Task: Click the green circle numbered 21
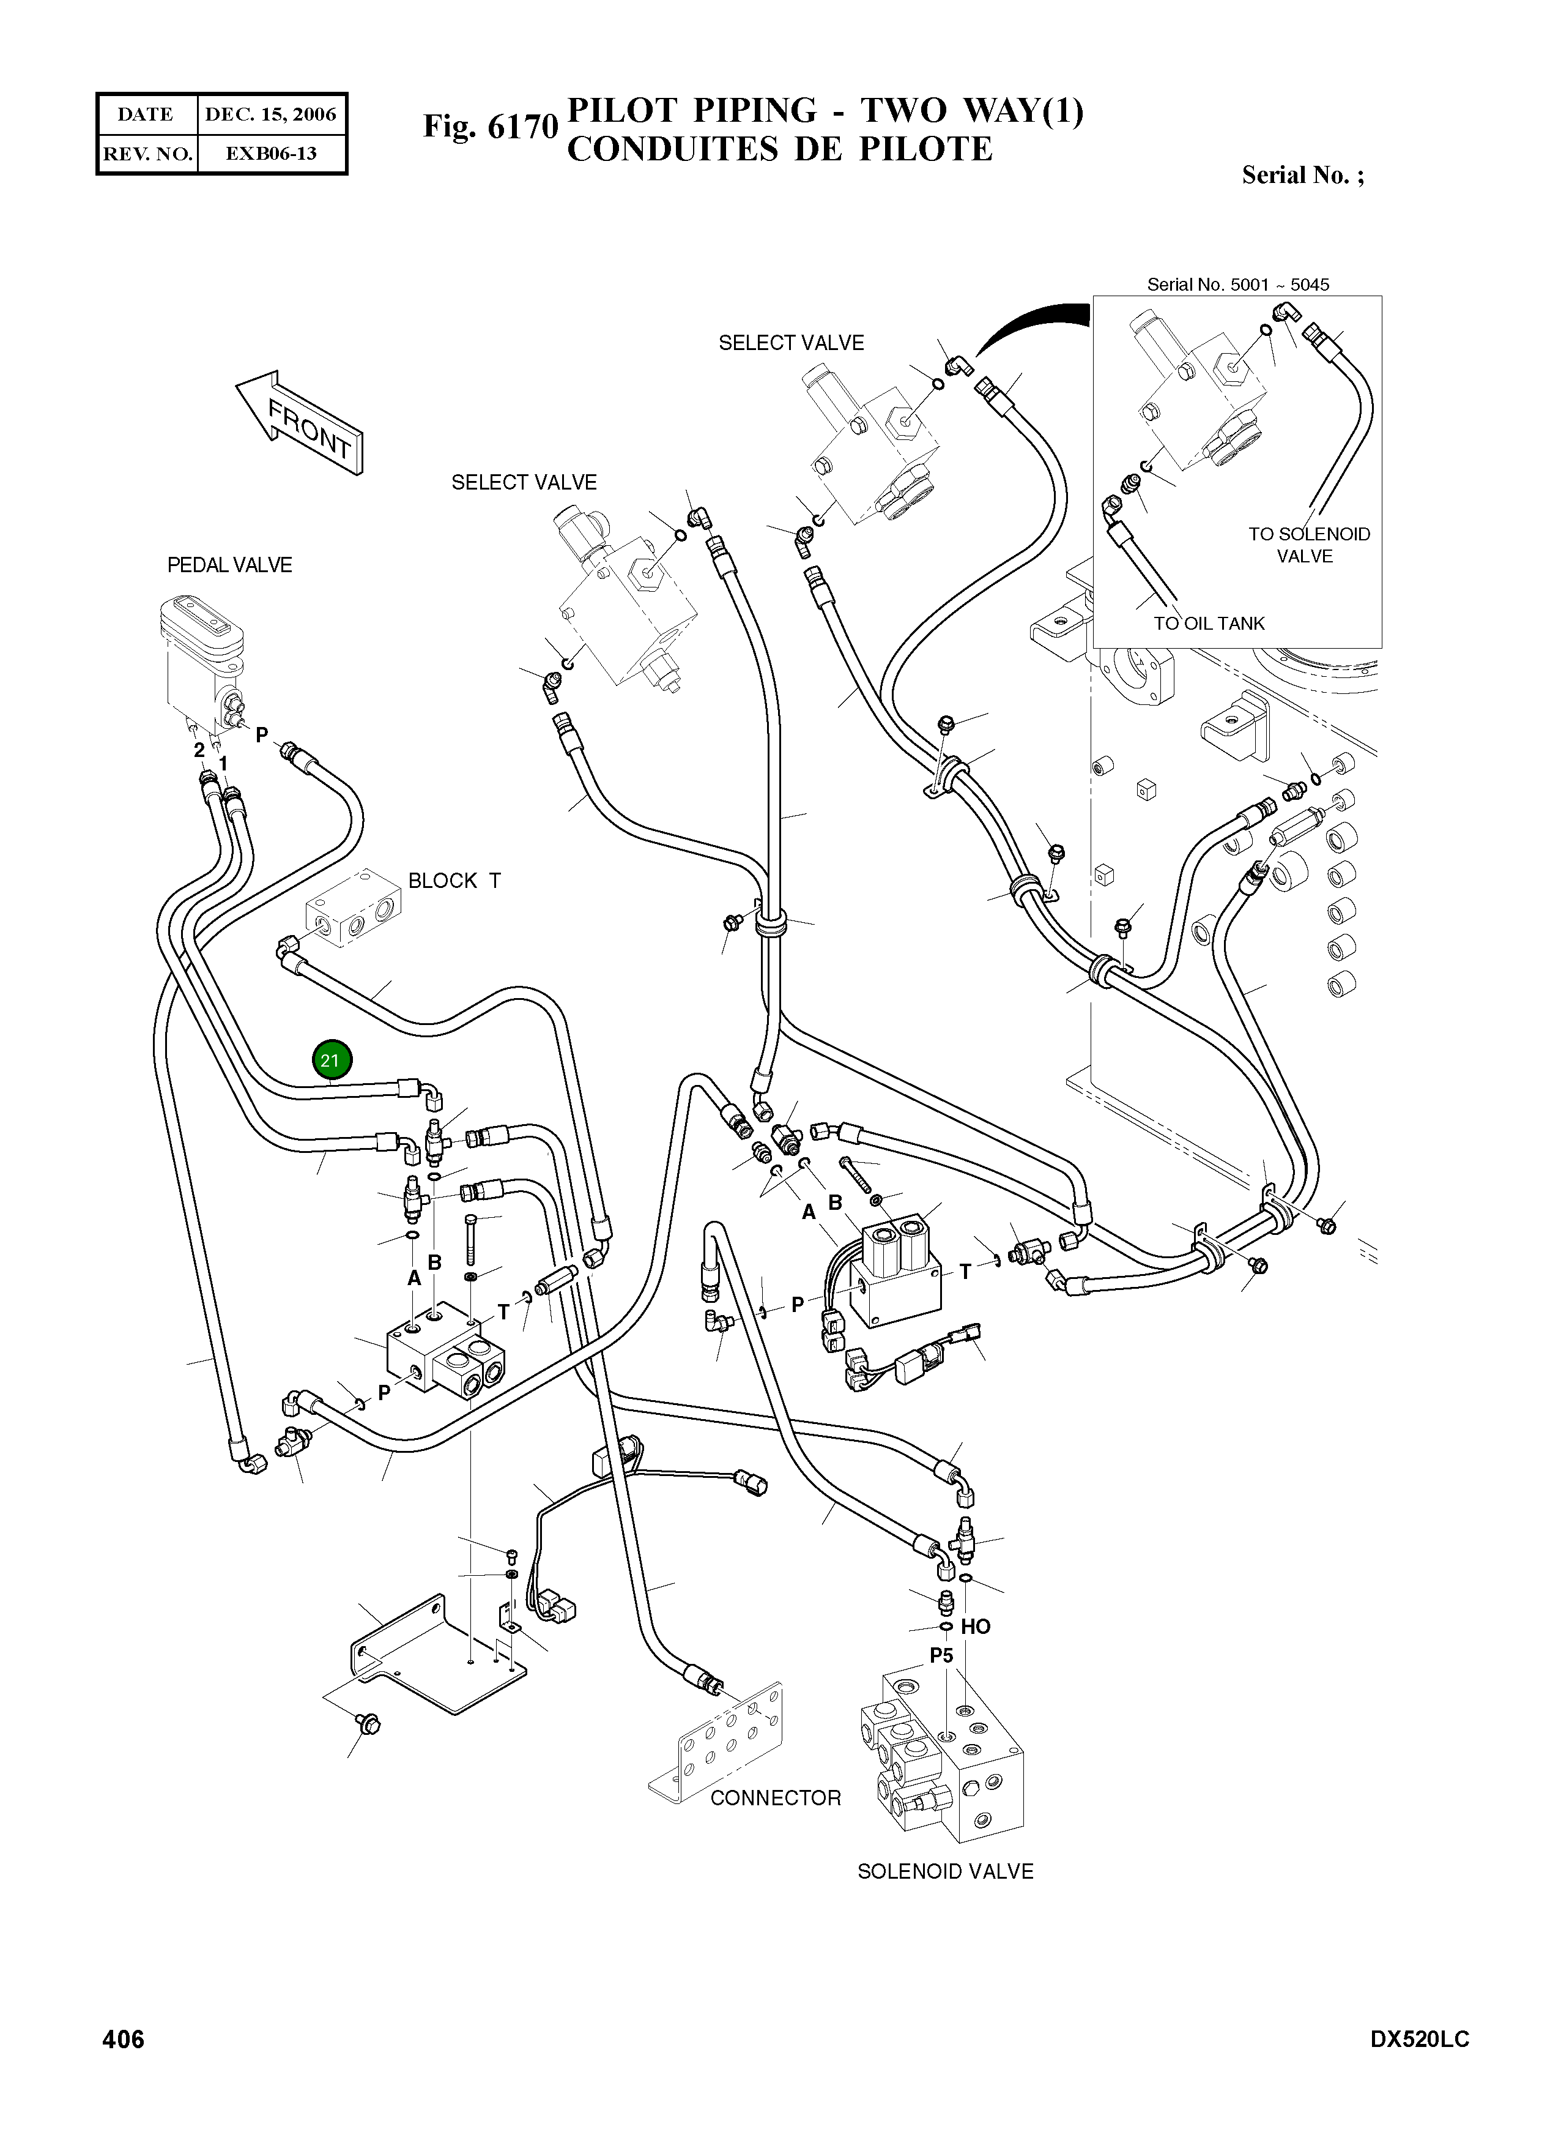[x=330, y=1061]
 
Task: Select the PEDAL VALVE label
[x=229, y=565]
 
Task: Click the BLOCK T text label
[x=454, y=881]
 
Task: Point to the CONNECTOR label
[x=775, y=1798]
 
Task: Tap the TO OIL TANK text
[x=1209, y=624]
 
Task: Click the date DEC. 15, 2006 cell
[x=271, y=114]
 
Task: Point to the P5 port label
[x=941, y=1655]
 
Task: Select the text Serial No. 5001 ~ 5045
[x=1238, y=285]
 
